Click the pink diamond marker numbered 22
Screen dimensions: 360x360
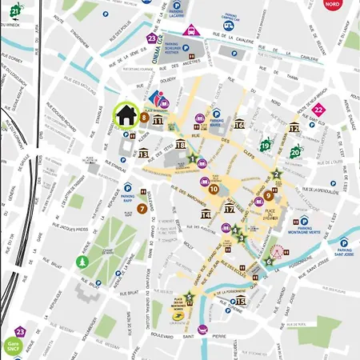click(x=319, y=110)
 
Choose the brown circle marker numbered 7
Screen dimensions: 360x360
click(x=141, y=209)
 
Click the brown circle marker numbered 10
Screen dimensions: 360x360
click(x=213, y=190)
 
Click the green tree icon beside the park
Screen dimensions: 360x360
click(x=82, y=261)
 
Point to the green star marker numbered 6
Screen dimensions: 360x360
click(x=270, y=262)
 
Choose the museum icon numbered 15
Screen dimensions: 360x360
click(x=240, y=278)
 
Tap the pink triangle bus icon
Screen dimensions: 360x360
click(x=191, y=30)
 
